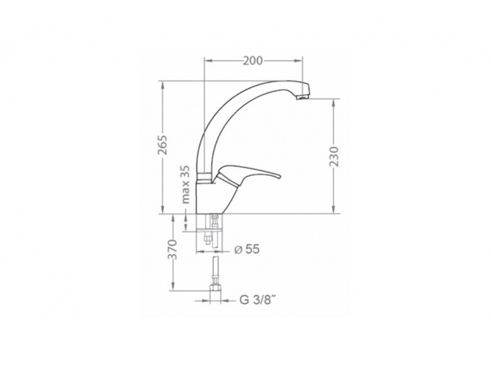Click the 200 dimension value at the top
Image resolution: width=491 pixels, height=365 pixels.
[x=253, y=61]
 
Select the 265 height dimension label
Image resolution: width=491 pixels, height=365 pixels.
[x=163, y=145]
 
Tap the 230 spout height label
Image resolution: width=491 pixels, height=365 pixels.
[x=334, y=156]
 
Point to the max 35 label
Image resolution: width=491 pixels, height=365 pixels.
[x=186, y=184]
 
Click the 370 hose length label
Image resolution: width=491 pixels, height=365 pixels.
[x=172, y=249]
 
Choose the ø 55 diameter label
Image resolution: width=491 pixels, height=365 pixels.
[x=247, y=249]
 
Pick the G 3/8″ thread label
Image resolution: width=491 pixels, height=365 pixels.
[x=257, y=300]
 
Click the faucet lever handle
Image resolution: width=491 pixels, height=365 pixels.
[x=247, y=175]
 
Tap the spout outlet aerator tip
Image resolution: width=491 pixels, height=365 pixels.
[x=303, y=98]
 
